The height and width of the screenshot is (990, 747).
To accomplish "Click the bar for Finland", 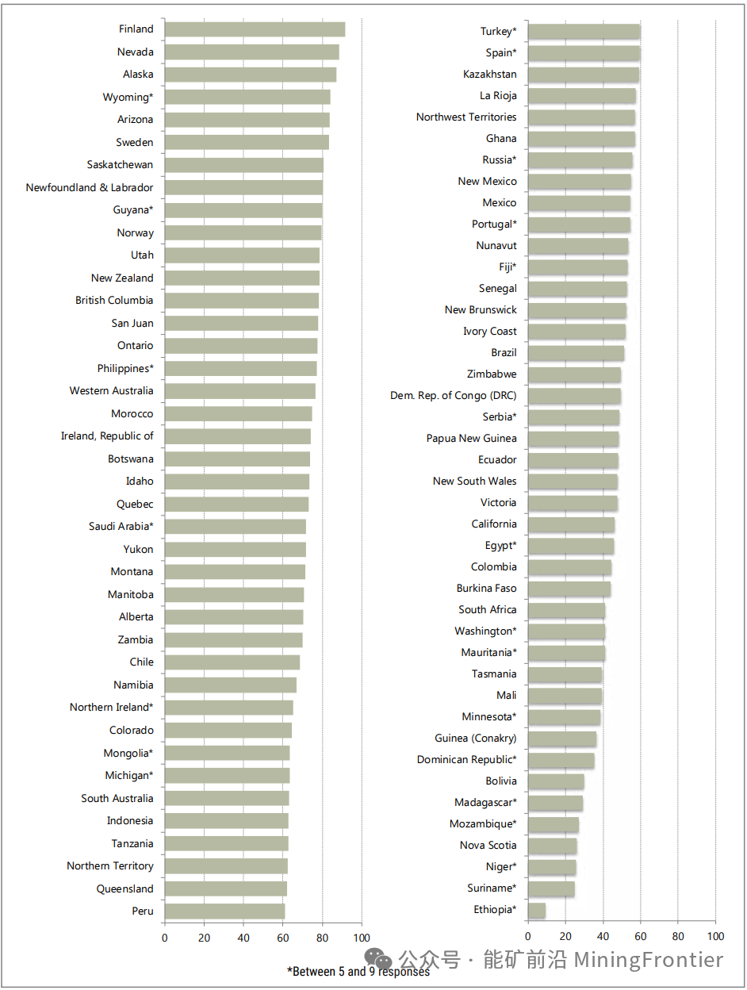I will click(x=255, y=29).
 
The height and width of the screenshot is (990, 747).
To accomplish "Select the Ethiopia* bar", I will click(x=537, y=910).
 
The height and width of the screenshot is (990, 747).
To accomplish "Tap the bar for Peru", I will click(x=224, y=911).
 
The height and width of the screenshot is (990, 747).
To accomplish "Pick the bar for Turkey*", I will click(x=584, y=32).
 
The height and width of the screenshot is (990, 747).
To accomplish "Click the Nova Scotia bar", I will click(x=552, y=846).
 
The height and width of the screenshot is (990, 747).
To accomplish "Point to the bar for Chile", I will click(x=232, y=662).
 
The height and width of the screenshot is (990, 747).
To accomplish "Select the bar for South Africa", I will click(x=566, y=610).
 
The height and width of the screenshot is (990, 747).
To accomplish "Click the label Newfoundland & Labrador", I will click(x=90, y=188).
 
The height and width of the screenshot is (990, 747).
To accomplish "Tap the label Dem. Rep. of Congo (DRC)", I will click(x=453, y=396).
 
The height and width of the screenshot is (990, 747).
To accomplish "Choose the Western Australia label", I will click(x=111, y=391).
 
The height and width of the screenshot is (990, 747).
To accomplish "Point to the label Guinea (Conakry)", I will click(x=475, y=739).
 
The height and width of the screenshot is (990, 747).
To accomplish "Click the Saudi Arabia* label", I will click(x=121, y=527).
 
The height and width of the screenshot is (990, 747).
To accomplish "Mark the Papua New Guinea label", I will click(x=471, y=439).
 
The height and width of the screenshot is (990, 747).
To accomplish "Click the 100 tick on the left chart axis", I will click(x=362, y=937).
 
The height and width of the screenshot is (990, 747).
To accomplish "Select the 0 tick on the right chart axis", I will click(x=527, y=936).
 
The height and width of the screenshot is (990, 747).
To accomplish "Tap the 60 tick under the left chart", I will click(x=283, y=937).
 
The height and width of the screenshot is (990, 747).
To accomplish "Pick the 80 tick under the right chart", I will click(x=678, y=936).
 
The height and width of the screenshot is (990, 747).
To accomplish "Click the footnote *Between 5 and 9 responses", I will click(x=358, y=971).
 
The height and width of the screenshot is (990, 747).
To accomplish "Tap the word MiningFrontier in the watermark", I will click(x=649, y=960).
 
